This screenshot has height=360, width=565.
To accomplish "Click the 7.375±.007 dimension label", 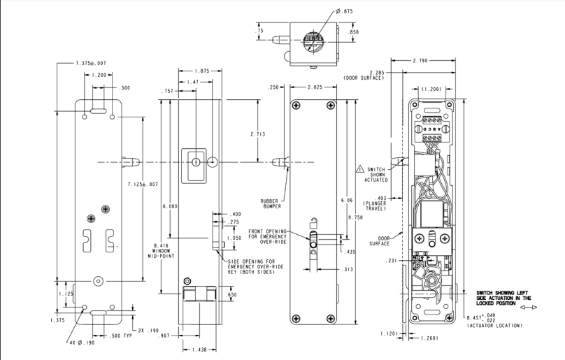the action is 91,63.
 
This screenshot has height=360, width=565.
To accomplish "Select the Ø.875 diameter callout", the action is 344,11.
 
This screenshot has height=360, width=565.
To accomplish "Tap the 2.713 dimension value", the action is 258,134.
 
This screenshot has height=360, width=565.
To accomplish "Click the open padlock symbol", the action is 314,222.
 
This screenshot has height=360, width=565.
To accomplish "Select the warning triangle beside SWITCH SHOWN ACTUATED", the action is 360,168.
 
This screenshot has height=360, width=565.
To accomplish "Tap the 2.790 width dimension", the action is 420,61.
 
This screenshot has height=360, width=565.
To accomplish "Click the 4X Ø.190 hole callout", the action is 83,343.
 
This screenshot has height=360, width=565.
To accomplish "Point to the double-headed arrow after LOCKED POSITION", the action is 529,308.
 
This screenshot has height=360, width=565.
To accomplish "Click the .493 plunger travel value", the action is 380,198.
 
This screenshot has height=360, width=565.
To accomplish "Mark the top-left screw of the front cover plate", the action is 296,106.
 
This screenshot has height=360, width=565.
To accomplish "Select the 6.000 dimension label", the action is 170,206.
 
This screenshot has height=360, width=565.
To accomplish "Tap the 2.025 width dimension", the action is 315,87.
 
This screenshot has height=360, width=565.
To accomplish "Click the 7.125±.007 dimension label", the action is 143,185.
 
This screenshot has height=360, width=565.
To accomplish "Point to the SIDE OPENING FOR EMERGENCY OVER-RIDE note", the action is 255,266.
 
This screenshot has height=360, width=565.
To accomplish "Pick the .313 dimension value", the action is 348,269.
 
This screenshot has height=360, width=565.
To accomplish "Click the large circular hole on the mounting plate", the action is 98,282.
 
